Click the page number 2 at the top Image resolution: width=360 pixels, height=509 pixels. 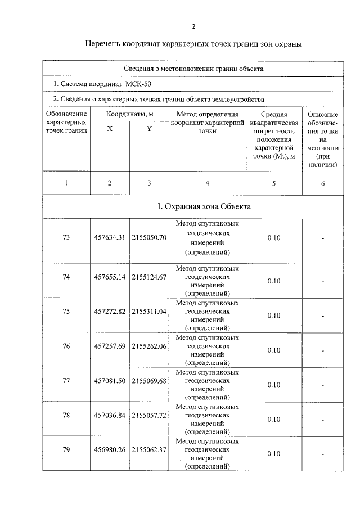coord(193,26)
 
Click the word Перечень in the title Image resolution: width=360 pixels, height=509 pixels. coord(105,44)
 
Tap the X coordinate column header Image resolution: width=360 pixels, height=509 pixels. coord(110,128)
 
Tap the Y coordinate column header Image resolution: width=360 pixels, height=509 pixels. coord(149,128)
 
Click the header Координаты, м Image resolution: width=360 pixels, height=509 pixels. coord(129,114)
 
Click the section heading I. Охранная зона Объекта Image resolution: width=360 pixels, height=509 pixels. coord(204,206)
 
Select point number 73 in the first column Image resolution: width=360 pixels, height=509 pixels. coord(66,238)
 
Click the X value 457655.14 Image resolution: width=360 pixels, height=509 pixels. coord(110,277)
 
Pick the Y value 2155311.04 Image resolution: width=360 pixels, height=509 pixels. coord(149,312)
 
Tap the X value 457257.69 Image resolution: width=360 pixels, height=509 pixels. coord(110,346)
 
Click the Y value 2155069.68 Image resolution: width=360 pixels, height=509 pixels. coord(149,381)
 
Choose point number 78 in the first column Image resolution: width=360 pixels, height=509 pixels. coord(66,416)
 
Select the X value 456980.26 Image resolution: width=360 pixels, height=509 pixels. coord(110,451)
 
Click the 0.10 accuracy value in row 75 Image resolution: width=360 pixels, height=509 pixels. coord(273,316)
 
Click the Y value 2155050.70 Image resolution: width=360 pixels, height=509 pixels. coord(149,238)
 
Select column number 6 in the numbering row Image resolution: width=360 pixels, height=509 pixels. coord(322,183)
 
